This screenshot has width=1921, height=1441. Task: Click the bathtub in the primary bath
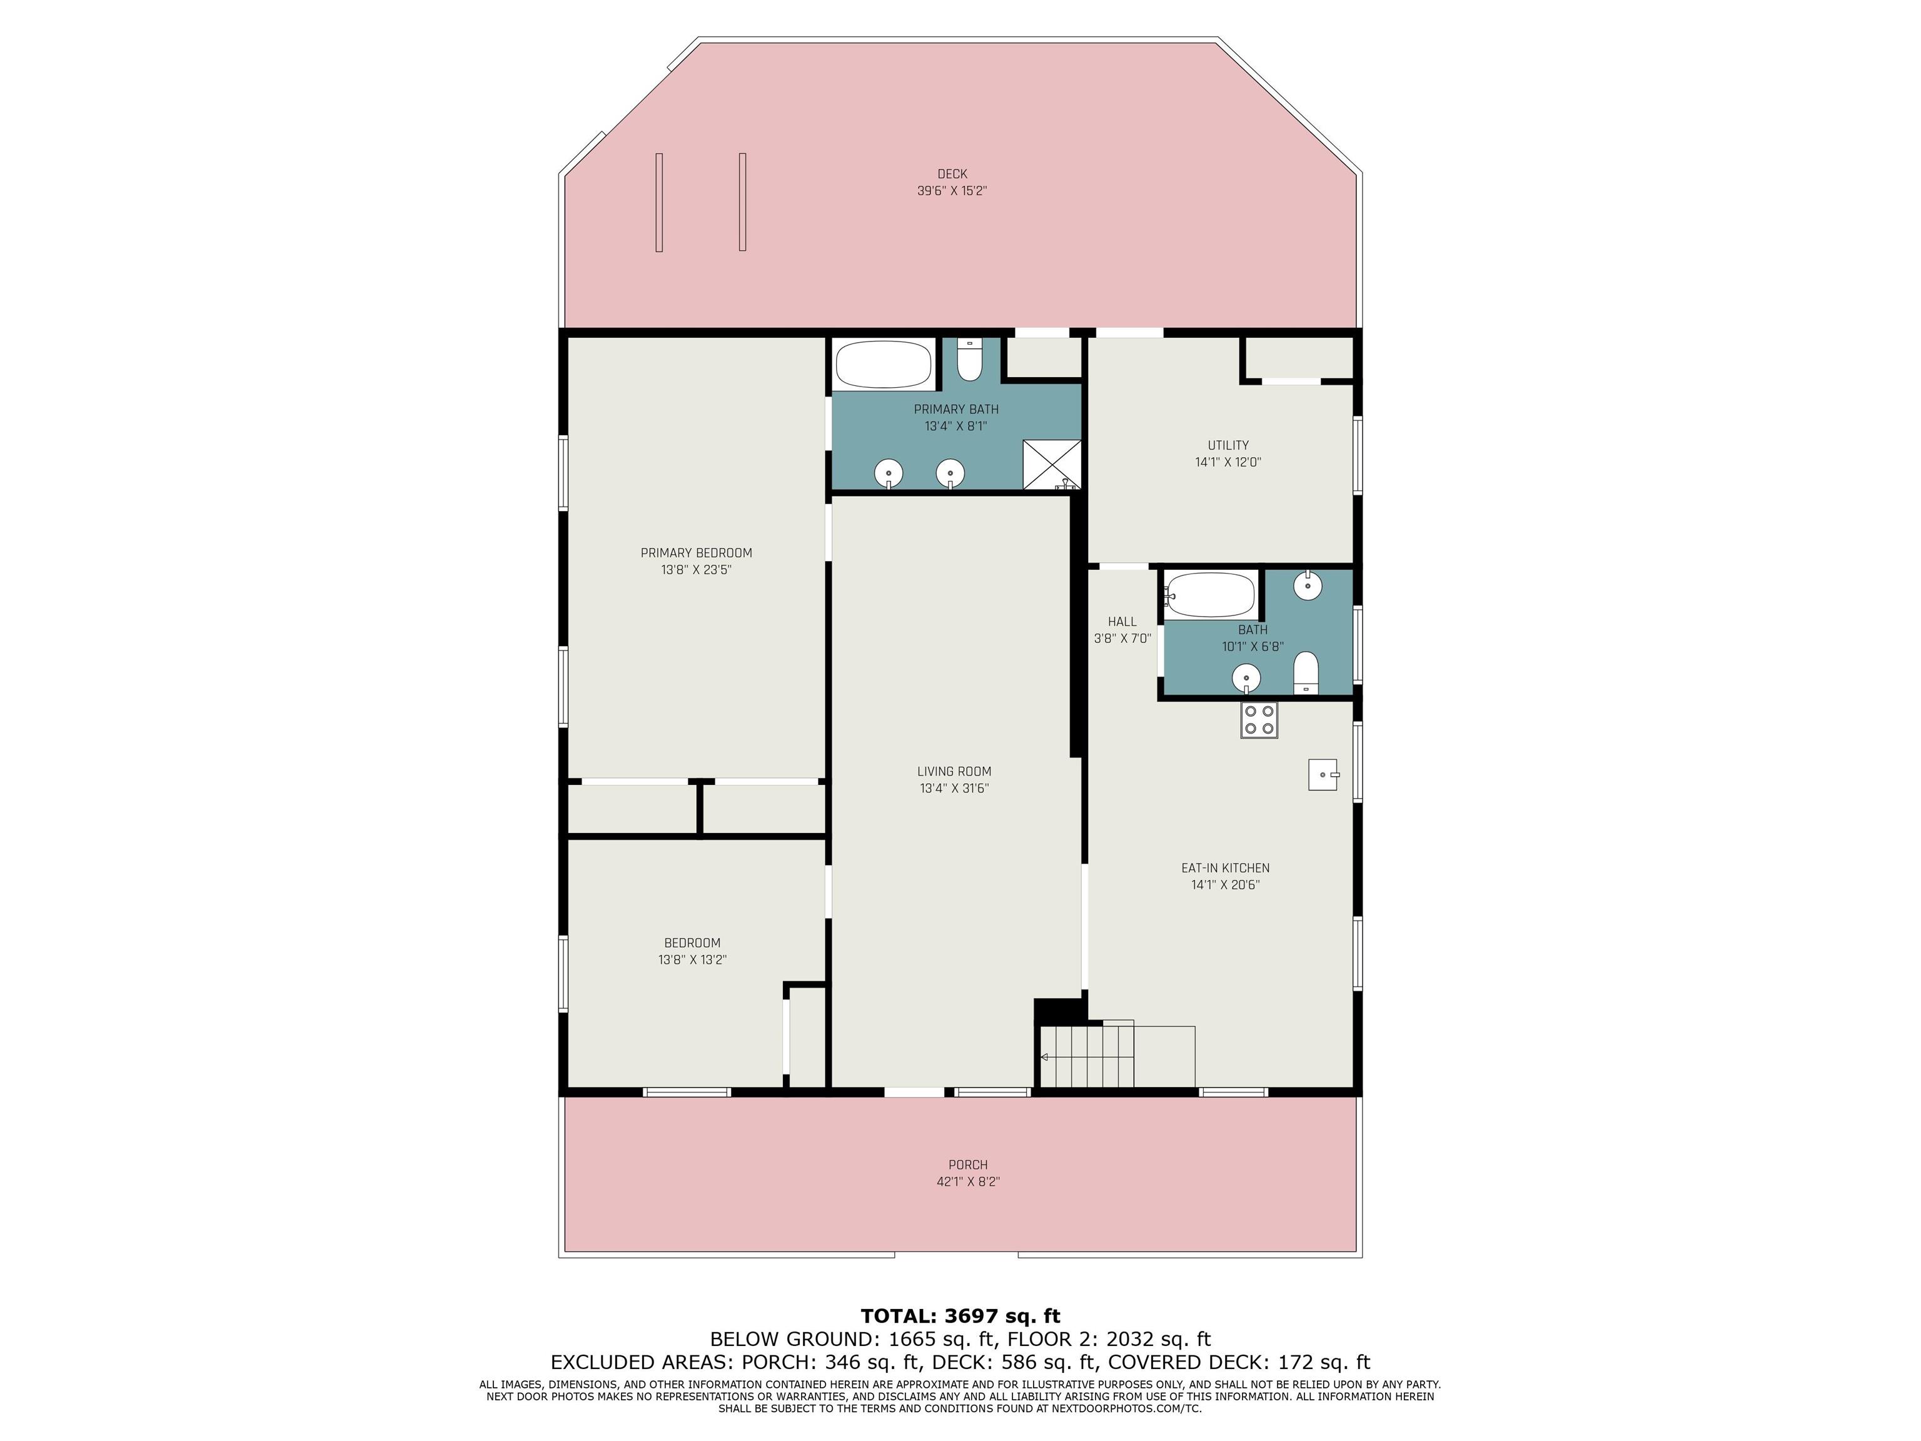point(883,364)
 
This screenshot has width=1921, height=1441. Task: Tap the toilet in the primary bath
point(969,360)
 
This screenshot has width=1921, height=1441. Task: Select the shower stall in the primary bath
point(1052,465)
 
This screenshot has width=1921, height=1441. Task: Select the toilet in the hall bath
point(1306,673)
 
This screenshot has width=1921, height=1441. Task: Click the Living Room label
point(954,771)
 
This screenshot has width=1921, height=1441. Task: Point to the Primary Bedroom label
point(697,552)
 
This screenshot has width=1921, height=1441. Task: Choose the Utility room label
point(1228,445)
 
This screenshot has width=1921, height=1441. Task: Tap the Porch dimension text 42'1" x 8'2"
point(968,1181)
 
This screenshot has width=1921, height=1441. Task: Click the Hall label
point(1122,621)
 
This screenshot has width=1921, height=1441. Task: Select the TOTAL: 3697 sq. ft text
point(960,1316)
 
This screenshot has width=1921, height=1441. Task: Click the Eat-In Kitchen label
point(1226,867)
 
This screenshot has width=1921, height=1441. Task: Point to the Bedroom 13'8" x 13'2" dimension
point(692,960)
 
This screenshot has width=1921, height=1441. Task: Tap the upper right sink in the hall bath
point(1308,586)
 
